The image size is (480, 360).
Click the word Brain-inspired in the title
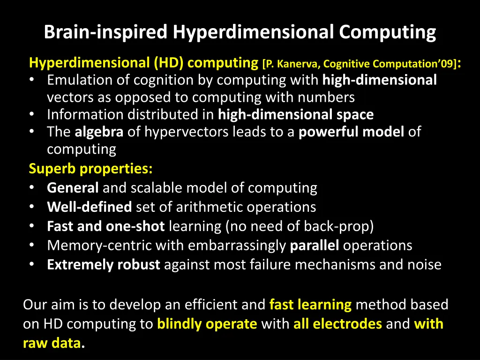[105, 32]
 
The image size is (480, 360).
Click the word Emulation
[80, 80]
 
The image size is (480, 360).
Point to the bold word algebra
[99, 132]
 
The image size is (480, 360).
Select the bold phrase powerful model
[351, 132]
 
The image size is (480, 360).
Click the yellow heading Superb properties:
[91, 168]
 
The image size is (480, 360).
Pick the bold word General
[73, 188]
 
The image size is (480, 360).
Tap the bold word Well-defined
[90, 207]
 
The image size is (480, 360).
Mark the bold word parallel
[315, 246]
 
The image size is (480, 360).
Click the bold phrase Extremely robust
[104, 265]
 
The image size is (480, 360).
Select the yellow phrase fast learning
[310, 305]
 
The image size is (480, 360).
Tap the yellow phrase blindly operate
[207, 324]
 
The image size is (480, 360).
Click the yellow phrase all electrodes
[337, 324]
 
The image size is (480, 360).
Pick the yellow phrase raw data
[52, 344]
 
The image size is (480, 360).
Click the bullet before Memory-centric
[31, 246]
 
